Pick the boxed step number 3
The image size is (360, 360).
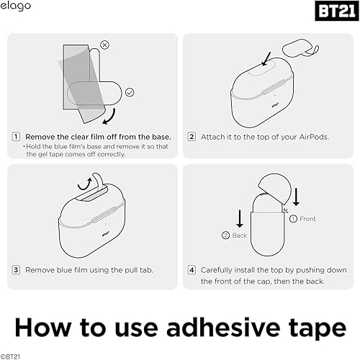(16, 269)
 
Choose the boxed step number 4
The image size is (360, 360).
(192, 269)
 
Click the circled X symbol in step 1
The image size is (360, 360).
(106, 45)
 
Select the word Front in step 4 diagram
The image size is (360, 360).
(307, 218)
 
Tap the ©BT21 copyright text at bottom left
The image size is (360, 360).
(12, 355)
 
